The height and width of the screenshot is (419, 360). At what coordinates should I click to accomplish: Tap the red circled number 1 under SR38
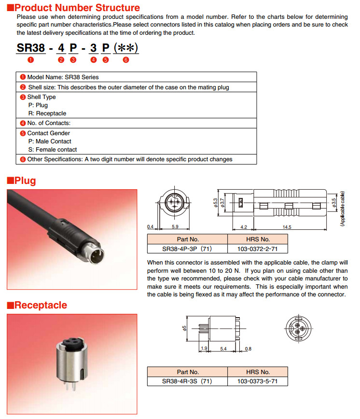click(31, 60)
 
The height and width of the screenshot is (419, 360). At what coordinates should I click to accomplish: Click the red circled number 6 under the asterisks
click(126, 60)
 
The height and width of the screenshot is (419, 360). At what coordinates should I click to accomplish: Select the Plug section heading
click(21, 181)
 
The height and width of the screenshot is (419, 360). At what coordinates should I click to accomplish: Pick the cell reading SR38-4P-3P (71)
click(187, 249)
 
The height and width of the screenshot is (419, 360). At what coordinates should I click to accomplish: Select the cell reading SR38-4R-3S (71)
click(187, 381)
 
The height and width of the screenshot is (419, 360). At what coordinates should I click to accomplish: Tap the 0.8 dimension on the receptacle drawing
click(248, 348)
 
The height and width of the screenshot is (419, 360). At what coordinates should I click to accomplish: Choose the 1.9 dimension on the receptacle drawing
click(204, 348)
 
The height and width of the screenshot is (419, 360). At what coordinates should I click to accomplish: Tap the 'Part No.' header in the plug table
click(187, 239)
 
